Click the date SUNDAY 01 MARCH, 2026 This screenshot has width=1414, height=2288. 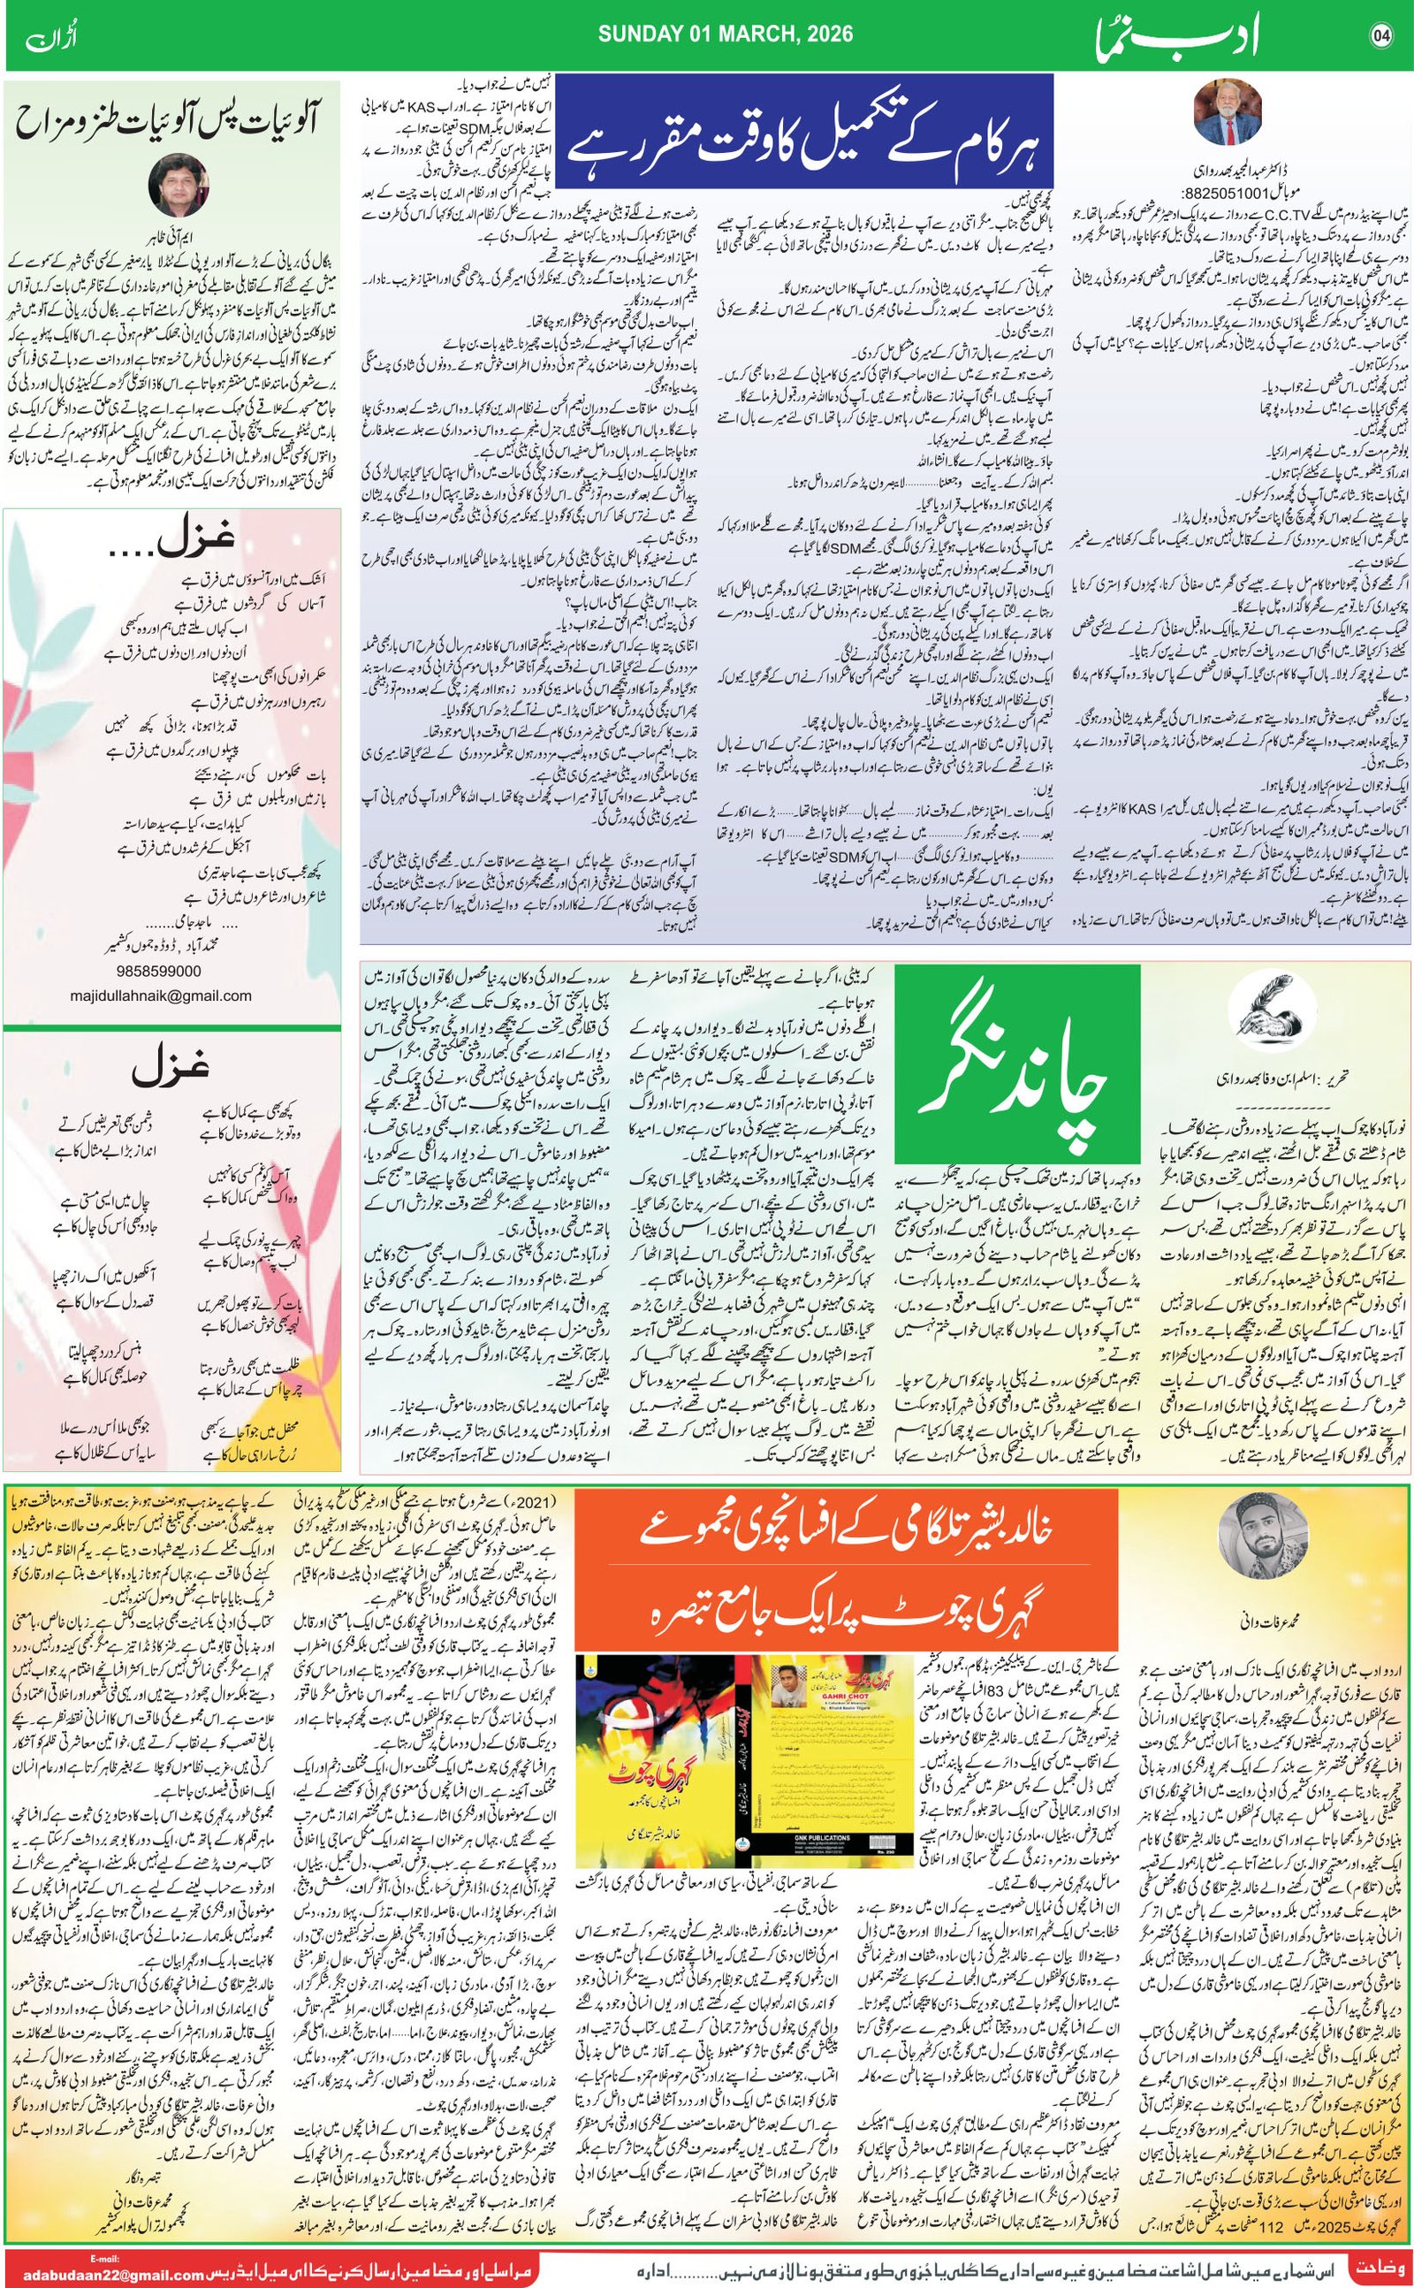coord(725,34)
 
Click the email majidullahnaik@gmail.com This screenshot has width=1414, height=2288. coord(161,995)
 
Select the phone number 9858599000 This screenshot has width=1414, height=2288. coord(159,971)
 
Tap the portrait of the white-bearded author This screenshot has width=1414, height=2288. coord(1227,111)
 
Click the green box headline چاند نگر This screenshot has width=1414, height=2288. coord(1016,1064)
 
